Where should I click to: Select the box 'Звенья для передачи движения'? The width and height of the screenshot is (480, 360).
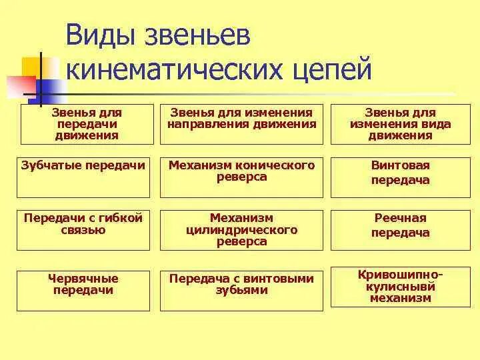(x=86, y=124)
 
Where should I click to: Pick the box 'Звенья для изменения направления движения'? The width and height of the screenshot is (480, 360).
(x=241, y=124)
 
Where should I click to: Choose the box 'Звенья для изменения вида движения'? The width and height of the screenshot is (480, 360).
(x=400, y=124)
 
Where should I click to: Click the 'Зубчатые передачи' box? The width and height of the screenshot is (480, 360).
(x=84, y=177)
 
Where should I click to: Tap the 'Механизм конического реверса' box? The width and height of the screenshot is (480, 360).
(x=241, y=177)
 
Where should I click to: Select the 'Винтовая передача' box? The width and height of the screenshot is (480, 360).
(x=400, y=177)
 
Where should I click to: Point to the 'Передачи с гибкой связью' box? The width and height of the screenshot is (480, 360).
(x=84, y=230)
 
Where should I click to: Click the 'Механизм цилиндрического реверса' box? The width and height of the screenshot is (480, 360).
(x=241, y=230)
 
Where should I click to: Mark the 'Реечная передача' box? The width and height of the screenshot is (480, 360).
(x=400, y=230)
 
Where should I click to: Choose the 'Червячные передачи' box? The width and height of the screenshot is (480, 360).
(x=84, y=290)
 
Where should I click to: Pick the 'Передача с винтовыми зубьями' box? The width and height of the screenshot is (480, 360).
(x=241, y=290)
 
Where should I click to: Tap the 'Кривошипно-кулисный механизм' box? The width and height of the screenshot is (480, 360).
(x=400, y=287)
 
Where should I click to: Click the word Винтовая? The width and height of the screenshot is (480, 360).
(x=400, y=165)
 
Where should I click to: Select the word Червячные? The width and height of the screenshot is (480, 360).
(x=83, y=279)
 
